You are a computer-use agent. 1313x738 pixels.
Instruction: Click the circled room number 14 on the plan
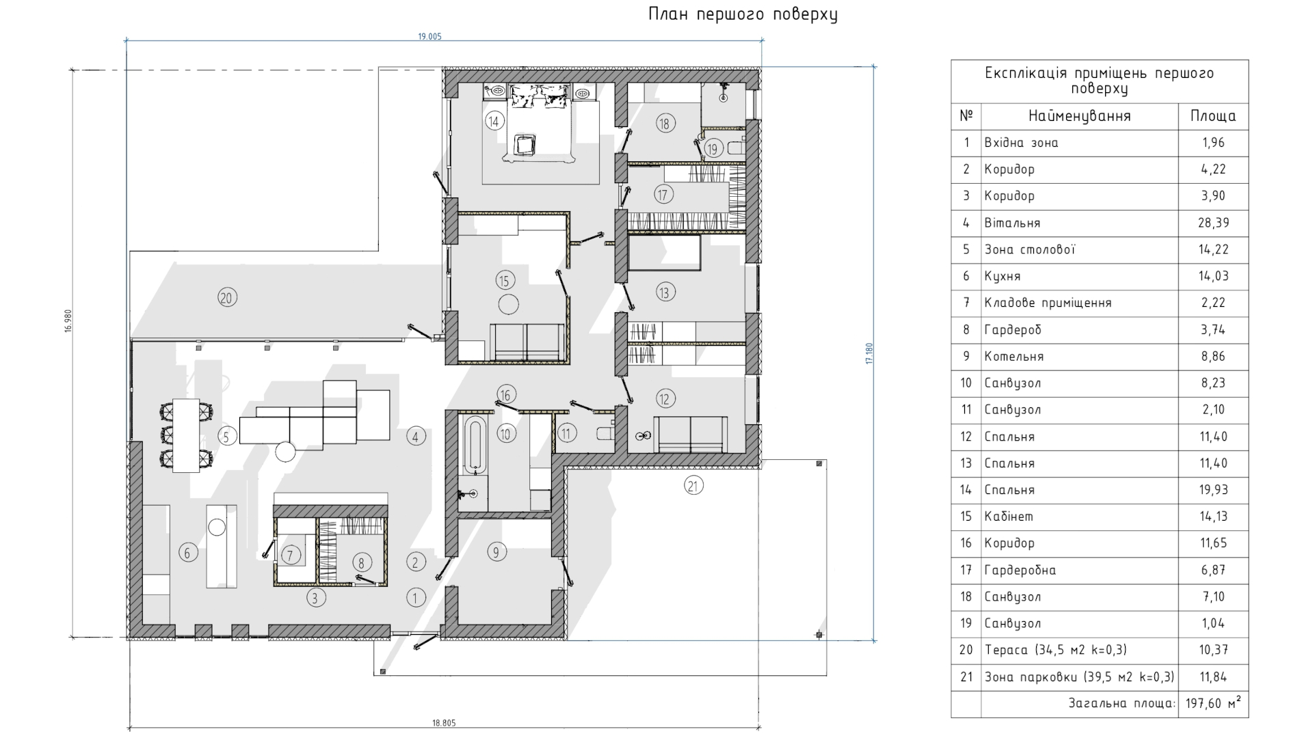(494, 122)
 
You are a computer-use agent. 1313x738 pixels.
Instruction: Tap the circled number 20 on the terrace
(227, 297)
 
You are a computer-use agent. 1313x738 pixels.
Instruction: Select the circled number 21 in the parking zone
(693, 486)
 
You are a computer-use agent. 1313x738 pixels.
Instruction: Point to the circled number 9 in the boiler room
(496, 552)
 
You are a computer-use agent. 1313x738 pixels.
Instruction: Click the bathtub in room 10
(475, 446)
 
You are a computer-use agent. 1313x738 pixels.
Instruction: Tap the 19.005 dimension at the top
(430, 36)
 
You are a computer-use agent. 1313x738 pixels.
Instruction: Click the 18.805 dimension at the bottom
(444, 722)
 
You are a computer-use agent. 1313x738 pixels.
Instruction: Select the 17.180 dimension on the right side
(870, 353)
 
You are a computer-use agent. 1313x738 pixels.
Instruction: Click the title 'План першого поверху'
(743, 14)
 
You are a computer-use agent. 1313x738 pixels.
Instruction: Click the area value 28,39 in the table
(1213, 223)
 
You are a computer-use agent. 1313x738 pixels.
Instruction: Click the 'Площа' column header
(1213, 116)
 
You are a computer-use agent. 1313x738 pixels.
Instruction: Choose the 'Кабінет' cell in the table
(1009, 517)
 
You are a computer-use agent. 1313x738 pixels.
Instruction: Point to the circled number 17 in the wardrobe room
(662, 194)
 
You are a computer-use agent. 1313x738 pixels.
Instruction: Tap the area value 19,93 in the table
(1213, 490)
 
